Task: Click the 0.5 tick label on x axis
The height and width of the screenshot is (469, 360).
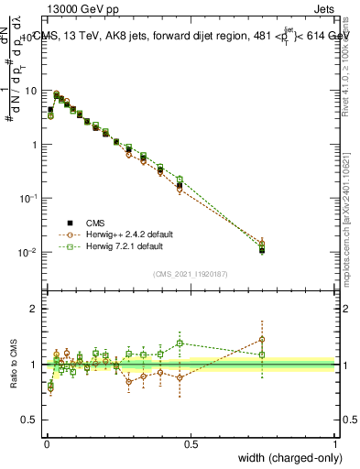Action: [191, 443]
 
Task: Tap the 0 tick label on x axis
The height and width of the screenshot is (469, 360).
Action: [47, 443]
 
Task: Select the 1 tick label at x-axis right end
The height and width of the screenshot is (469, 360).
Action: [335, 443]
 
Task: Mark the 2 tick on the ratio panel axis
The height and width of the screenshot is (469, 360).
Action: [35, 309]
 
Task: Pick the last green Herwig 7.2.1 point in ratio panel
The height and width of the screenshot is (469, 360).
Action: [262, 354]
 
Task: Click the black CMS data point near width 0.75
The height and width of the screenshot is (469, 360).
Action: [262, 249]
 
